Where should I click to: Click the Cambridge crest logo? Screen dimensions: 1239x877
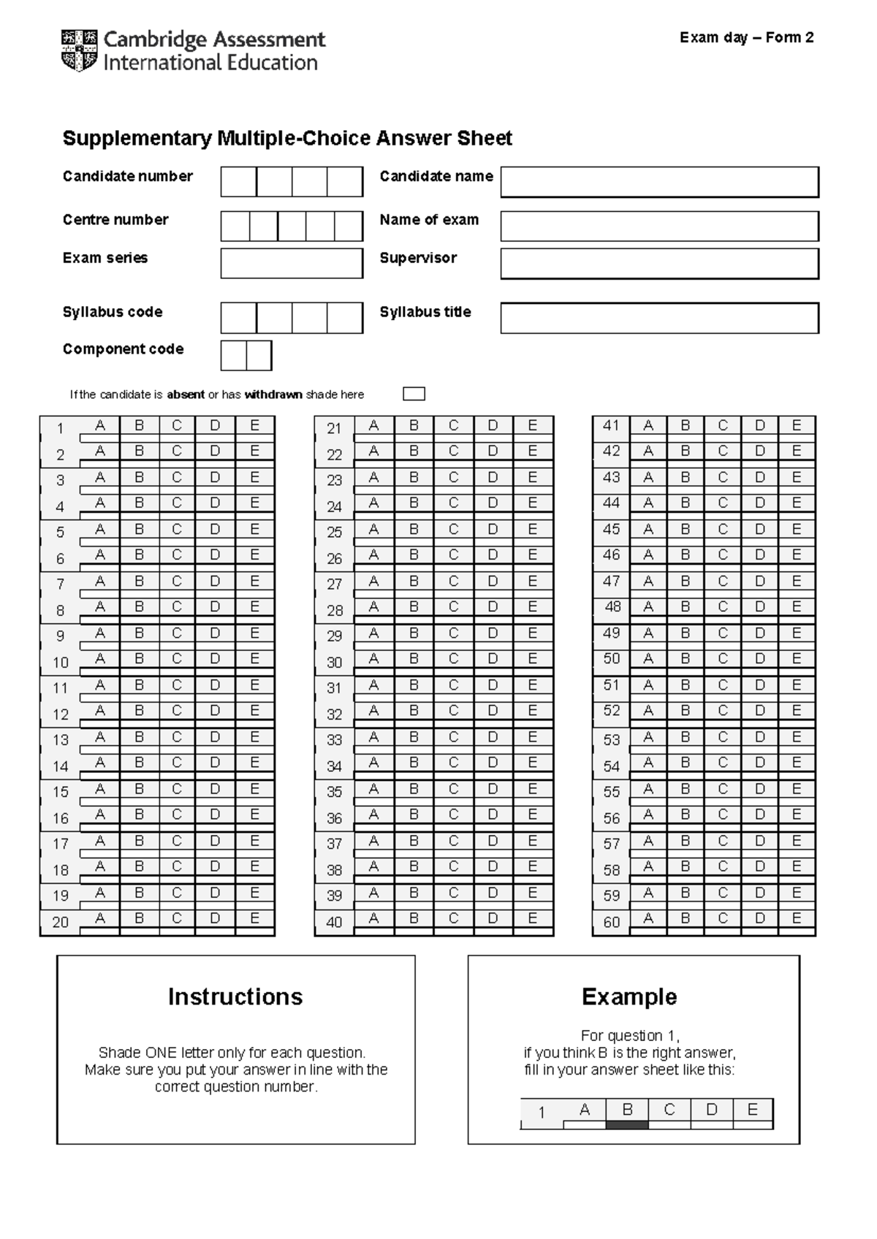pos(79,50)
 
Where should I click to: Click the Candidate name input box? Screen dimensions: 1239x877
pos(659,182)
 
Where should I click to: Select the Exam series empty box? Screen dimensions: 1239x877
pos(292,263)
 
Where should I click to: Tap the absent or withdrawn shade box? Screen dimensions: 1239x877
pos(414,394)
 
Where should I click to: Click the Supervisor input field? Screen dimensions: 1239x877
pos(659,263)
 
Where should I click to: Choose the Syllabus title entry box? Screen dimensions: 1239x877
pos(659,318)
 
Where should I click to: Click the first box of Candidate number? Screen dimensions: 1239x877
pos(239,182)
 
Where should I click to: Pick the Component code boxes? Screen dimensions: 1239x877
pos(246,356)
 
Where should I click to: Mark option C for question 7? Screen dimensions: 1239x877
pos(177,582)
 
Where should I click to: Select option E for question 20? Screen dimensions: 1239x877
pos(254,918)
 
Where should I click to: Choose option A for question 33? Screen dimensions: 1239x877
pos(373,737)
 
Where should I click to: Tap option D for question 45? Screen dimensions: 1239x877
pos(760,529)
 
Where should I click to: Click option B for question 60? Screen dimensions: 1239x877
pos(685,918)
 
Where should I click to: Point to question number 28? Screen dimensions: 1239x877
pos(334,611)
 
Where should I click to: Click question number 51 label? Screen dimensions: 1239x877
pos(611,685)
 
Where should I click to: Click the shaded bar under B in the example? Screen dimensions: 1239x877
pos(627,1125)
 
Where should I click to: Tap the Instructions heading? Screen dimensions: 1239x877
pos(235,996)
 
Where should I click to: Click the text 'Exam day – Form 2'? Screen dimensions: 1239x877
pos(746,38)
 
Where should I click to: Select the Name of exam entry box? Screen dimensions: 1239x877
pos(659,226)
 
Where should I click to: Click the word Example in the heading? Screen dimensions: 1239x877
pos(629,996)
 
